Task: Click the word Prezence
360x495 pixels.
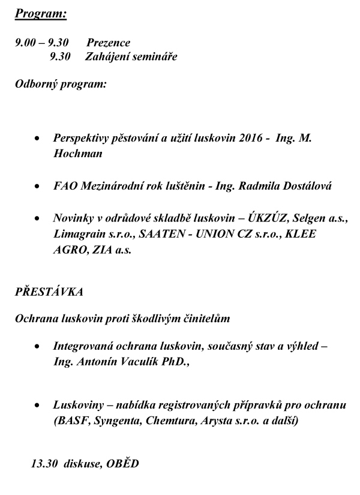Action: (x=108, y=43)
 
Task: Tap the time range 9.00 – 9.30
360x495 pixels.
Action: (x=42, y=43)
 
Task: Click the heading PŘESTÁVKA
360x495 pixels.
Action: (x=49, y=292)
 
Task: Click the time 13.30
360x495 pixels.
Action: (x=43, y=463)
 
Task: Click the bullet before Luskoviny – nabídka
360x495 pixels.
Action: (x=38, y=406)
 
